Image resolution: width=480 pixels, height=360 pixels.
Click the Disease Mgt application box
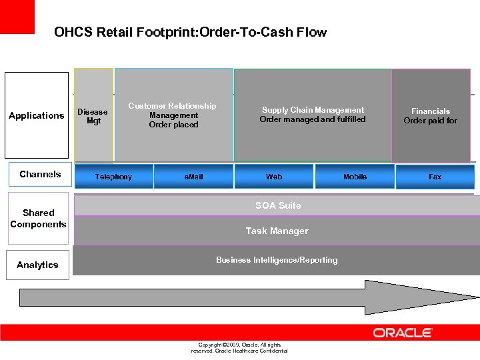93,116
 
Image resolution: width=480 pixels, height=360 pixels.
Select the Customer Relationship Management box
173,115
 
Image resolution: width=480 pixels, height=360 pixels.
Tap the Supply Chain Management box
312,115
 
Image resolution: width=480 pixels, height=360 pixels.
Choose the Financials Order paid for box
431,116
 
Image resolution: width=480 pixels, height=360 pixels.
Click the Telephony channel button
114,177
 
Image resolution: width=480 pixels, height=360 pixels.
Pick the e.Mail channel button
193,177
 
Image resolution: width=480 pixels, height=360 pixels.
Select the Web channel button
274,177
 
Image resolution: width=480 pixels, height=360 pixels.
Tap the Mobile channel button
355,177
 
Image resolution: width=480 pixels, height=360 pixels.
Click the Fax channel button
435,177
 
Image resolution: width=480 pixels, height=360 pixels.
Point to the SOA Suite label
278,206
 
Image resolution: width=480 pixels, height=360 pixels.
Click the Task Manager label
277,231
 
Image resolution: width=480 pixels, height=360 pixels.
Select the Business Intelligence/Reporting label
277,260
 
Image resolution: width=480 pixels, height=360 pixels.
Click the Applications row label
37,115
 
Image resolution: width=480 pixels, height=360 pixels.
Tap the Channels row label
40,174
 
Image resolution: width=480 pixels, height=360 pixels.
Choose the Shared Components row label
38,218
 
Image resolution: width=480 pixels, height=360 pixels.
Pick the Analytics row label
37,265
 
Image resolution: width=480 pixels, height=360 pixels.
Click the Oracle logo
403,333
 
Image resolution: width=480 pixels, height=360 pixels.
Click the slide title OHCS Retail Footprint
191,32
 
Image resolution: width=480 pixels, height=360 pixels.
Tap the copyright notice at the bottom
239,347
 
